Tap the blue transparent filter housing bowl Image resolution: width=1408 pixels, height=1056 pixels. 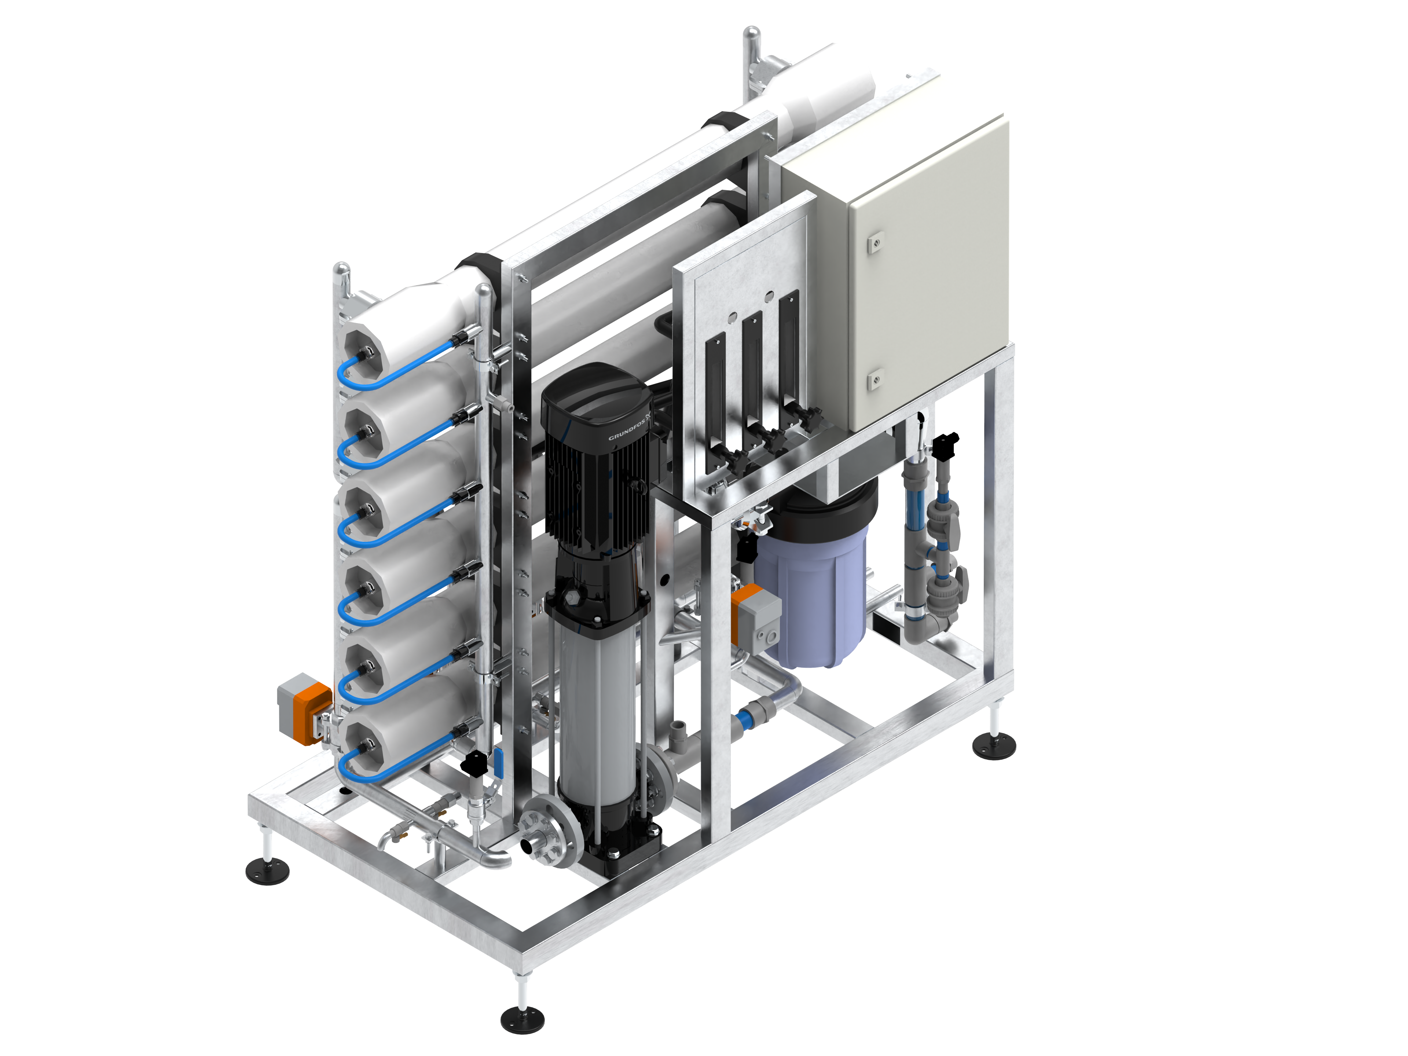(811, 598)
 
